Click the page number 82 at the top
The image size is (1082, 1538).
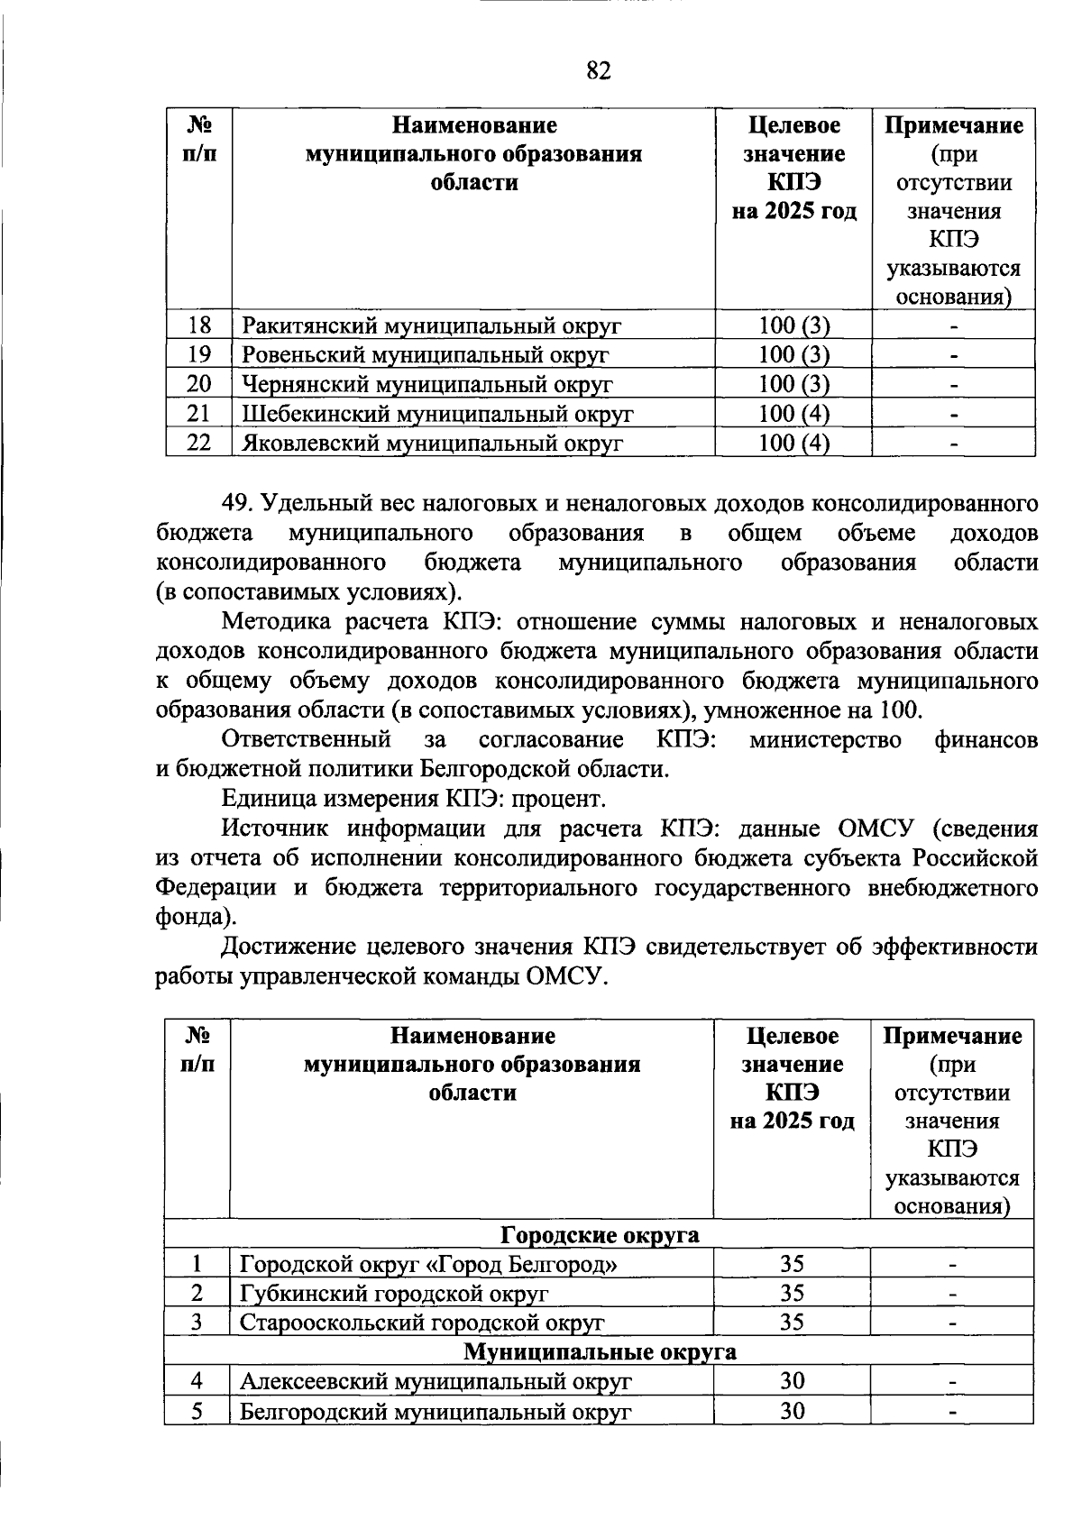pos(599,71)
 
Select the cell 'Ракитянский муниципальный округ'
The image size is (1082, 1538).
pos(431,325)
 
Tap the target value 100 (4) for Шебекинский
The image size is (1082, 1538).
pos(793,414)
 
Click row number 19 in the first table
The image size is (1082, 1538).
pos(198,354)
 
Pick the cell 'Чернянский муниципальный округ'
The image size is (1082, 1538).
pos(426,384)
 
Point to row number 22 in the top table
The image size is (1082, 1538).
pos(198,443)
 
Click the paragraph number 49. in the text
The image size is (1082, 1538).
pos(241,504)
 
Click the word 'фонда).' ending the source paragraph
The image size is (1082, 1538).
pos(196,917)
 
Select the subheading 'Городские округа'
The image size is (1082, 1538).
pos(600,1234)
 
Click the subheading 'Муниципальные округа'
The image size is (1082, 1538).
pos(600,1351)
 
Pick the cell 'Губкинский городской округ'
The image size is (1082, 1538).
pos(394,1293)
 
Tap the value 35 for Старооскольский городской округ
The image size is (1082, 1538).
pos(792,1323)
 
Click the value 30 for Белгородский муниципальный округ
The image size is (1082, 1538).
pos(792,1410)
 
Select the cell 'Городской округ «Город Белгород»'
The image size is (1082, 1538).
pos(428,1264)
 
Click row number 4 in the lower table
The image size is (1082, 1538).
pos(197,1381)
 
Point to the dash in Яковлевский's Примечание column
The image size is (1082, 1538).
pos(953,444)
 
